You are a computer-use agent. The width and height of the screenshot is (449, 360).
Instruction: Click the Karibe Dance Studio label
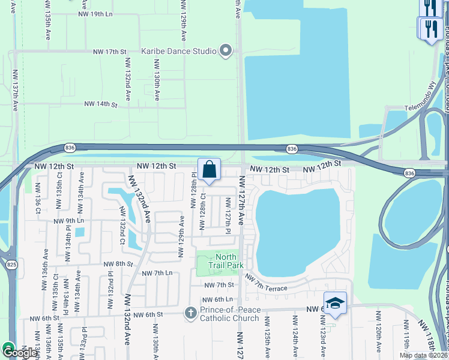coord(179,51)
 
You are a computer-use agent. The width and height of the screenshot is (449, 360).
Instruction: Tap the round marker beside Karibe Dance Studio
coord(226,51)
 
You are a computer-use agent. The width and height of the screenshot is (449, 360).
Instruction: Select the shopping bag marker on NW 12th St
coord(209,170)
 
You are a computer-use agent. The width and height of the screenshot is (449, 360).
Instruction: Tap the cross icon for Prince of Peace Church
coord(190,313)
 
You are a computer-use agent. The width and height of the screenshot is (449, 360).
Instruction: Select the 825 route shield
coord(11,264)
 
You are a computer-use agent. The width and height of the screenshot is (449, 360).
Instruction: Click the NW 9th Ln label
coord(68,221)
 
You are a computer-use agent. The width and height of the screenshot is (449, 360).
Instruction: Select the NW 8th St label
coord(117,263)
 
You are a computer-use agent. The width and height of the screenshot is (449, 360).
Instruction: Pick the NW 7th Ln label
coord(157,273)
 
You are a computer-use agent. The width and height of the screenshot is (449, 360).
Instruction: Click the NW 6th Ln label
coord(217,299)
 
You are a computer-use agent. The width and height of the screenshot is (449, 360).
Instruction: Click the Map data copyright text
coord(422,355)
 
